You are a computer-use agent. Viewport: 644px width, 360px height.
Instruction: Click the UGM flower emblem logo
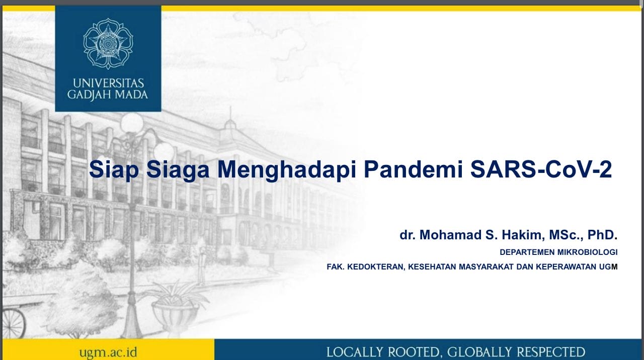pos(108,44)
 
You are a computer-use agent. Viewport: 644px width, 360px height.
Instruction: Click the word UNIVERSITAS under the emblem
pos(108,83)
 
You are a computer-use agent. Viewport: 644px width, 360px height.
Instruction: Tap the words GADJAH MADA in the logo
pos(108,95)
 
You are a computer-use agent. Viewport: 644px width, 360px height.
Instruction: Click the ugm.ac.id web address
pos(108,351)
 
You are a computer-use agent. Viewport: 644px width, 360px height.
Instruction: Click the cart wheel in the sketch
pos(12,324)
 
